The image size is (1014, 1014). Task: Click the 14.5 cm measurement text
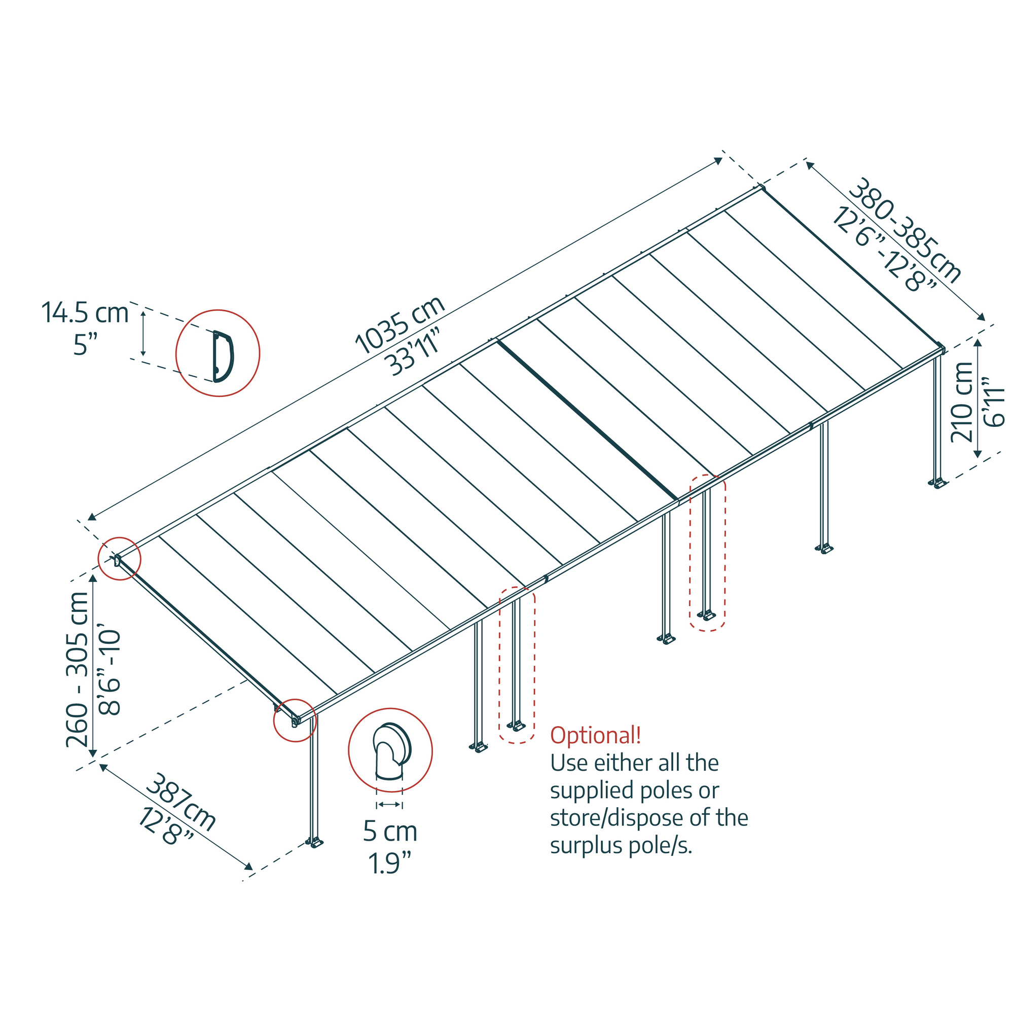[85, 313]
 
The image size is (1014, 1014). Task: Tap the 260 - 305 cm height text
[78, 669]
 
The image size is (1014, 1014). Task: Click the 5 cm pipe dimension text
[390, 831]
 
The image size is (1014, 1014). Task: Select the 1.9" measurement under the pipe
[389, 863]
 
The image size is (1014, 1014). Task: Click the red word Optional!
[595, 735]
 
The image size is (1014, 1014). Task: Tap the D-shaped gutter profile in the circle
[223, 356]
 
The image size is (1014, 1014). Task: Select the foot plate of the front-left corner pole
[315, 844]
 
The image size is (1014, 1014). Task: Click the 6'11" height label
[994, 401]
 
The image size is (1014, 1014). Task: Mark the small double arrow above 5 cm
[389, 805]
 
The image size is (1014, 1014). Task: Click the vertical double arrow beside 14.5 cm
[143, 332]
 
